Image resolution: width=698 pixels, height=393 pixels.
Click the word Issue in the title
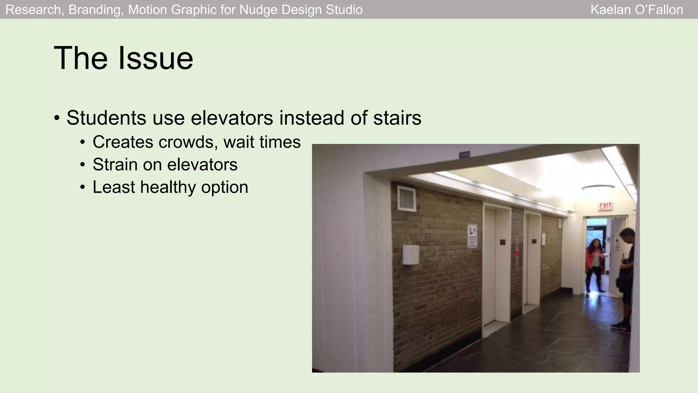[156, 58]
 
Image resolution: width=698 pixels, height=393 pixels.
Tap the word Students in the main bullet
[106, 118]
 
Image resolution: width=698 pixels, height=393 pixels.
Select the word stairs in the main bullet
[397, 118]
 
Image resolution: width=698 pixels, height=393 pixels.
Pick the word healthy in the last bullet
[168, 187]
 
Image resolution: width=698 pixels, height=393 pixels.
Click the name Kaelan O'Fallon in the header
[637, 10]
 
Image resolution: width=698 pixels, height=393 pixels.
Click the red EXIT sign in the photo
[606, 206]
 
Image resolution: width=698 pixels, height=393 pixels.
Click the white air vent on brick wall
[407, 199]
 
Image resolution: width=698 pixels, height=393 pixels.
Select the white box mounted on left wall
[411, 254]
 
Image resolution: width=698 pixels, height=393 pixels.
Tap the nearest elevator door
[489, 266]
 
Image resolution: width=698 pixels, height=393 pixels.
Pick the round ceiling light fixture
[598, 189]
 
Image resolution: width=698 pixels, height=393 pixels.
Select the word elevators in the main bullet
[232, 118]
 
